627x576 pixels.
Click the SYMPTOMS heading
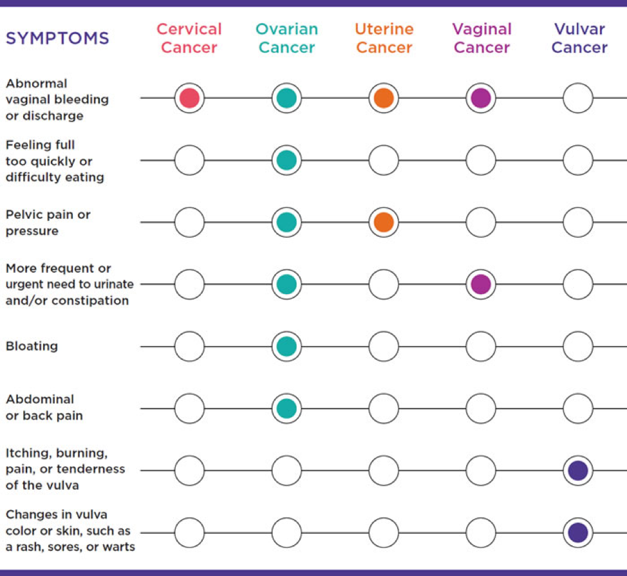(x=57, y=39)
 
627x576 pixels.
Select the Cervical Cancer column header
(x=189, y=38)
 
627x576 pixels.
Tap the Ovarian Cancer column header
(x=286, y=38)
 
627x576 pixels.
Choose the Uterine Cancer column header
(x=384, y=38)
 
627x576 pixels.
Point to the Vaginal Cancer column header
(x=482, y=38)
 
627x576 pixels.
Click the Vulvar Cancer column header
(x=579, y=38)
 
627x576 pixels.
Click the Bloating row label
(x=32, y=346)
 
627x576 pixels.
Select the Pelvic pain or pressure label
(x=48, y=223)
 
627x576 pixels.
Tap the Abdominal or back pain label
(x=44, y=407)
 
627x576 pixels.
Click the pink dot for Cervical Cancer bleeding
(x=189, y=98)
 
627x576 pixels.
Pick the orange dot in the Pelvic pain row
(x=384, y=222)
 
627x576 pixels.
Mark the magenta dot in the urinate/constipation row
(x=481, y=284)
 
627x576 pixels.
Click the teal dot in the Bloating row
(x=286, y=346)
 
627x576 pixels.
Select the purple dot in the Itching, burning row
(x=578, y=470)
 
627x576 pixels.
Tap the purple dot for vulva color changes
(x=578, y=532)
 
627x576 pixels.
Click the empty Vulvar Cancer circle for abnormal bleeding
(x=578, y=83)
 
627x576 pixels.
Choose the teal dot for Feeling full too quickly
(x=286, y=160)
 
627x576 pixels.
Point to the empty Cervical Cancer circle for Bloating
(x=189, y=331)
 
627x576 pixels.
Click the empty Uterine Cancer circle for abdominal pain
(x=384, y=394)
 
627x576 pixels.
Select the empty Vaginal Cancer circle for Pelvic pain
(x=481, y=207)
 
